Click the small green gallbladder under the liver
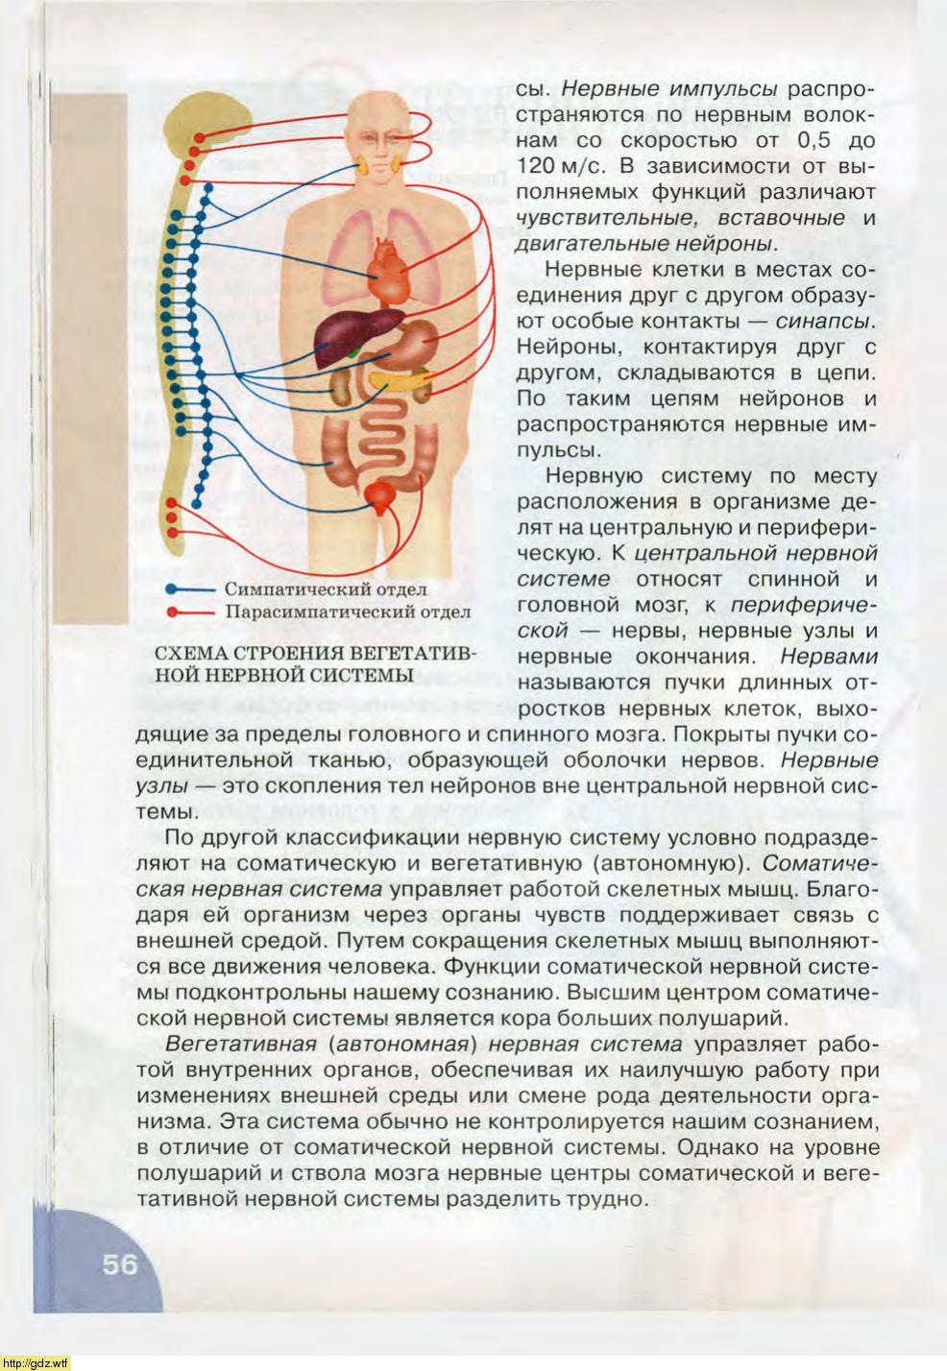[x=357, y=354]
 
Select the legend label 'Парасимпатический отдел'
[x=347, y=611]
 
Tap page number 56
[x=121, y=1263]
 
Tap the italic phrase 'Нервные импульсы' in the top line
[x=668, y=88]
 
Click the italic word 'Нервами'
[x=829, y=658]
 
